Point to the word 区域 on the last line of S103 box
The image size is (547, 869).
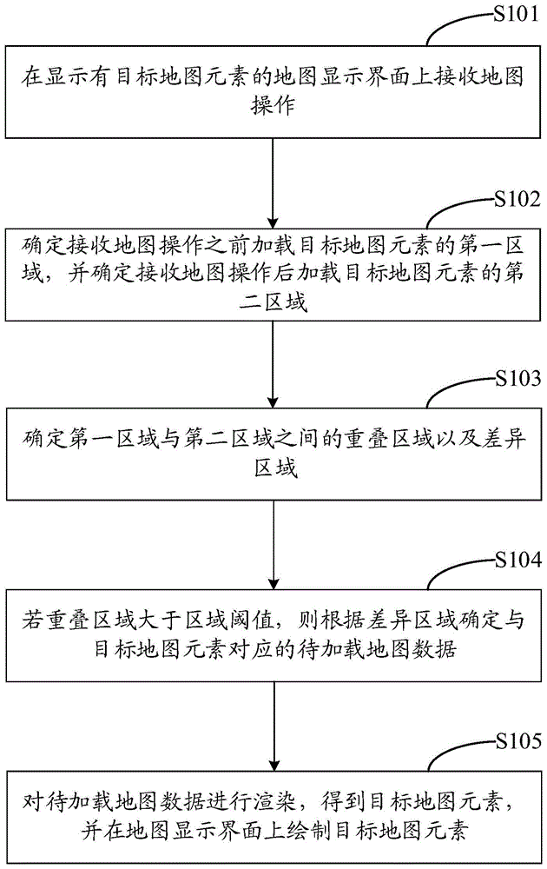point(273,470)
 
